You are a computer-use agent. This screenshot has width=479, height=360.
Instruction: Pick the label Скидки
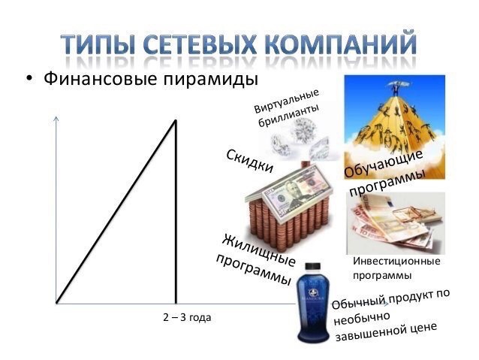click(x=249, y=162)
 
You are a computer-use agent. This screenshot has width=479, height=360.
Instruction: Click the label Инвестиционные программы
click(x=396, y=268)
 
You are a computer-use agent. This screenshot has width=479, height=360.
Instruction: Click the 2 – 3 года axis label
click(x=186, y=318)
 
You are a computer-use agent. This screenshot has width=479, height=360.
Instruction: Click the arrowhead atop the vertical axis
click(x=56, y=118)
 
